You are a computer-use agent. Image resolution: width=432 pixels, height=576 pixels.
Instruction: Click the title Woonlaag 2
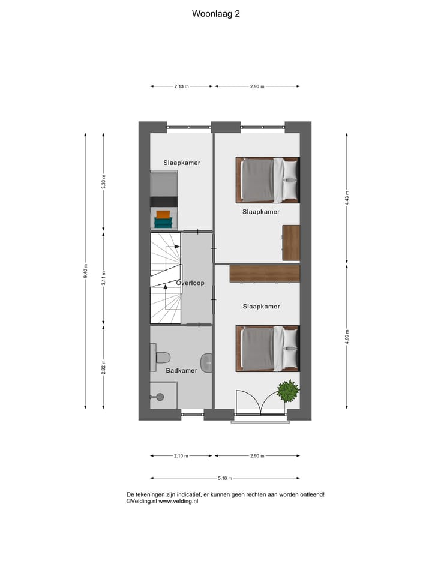click(216, 13)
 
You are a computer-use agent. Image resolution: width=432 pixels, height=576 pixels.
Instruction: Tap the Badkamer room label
click(181, 371)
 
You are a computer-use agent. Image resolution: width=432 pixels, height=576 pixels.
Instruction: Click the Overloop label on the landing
click(190, 283)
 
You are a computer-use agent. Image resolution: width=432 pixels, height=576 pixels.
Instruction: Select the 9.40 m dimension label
click(86, 271)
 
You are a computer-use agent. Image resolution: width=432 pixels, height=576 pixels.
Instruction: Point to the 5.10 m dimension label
click(225, 478)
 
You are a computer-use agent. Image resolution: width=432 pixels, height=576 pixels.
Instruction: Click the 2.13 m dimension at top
click(181, 86)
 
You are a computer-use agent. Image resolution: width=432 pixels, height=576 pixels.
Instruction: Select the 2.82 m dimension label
click(103, 367)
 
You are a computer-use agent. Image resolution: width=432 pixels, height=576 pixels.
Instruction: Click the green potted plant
click(288, 391)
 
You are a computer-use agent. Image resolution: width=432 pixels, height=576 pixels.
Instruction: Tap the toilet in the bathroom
click(161, 358)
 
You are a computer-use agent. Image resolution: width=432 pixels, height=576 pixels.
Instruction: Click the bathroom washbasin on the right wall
click(207, 362)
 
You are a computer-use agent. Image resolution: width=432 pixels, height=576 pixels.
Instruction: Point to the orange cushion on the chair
click(163, 214)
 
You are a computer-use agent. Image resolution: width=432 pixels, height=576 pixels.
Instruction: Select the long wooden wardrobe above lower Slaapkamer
click(264, 274)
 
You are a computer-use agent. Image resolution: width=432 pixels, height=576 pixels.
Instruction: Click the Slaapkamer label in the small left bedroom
click(182, 163)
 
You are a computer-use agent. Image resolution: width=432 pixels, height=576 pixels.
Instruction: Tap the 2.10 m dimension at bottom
click(181, 456)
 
